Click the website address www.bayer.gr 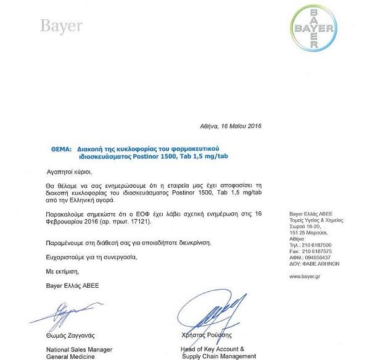306,275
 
